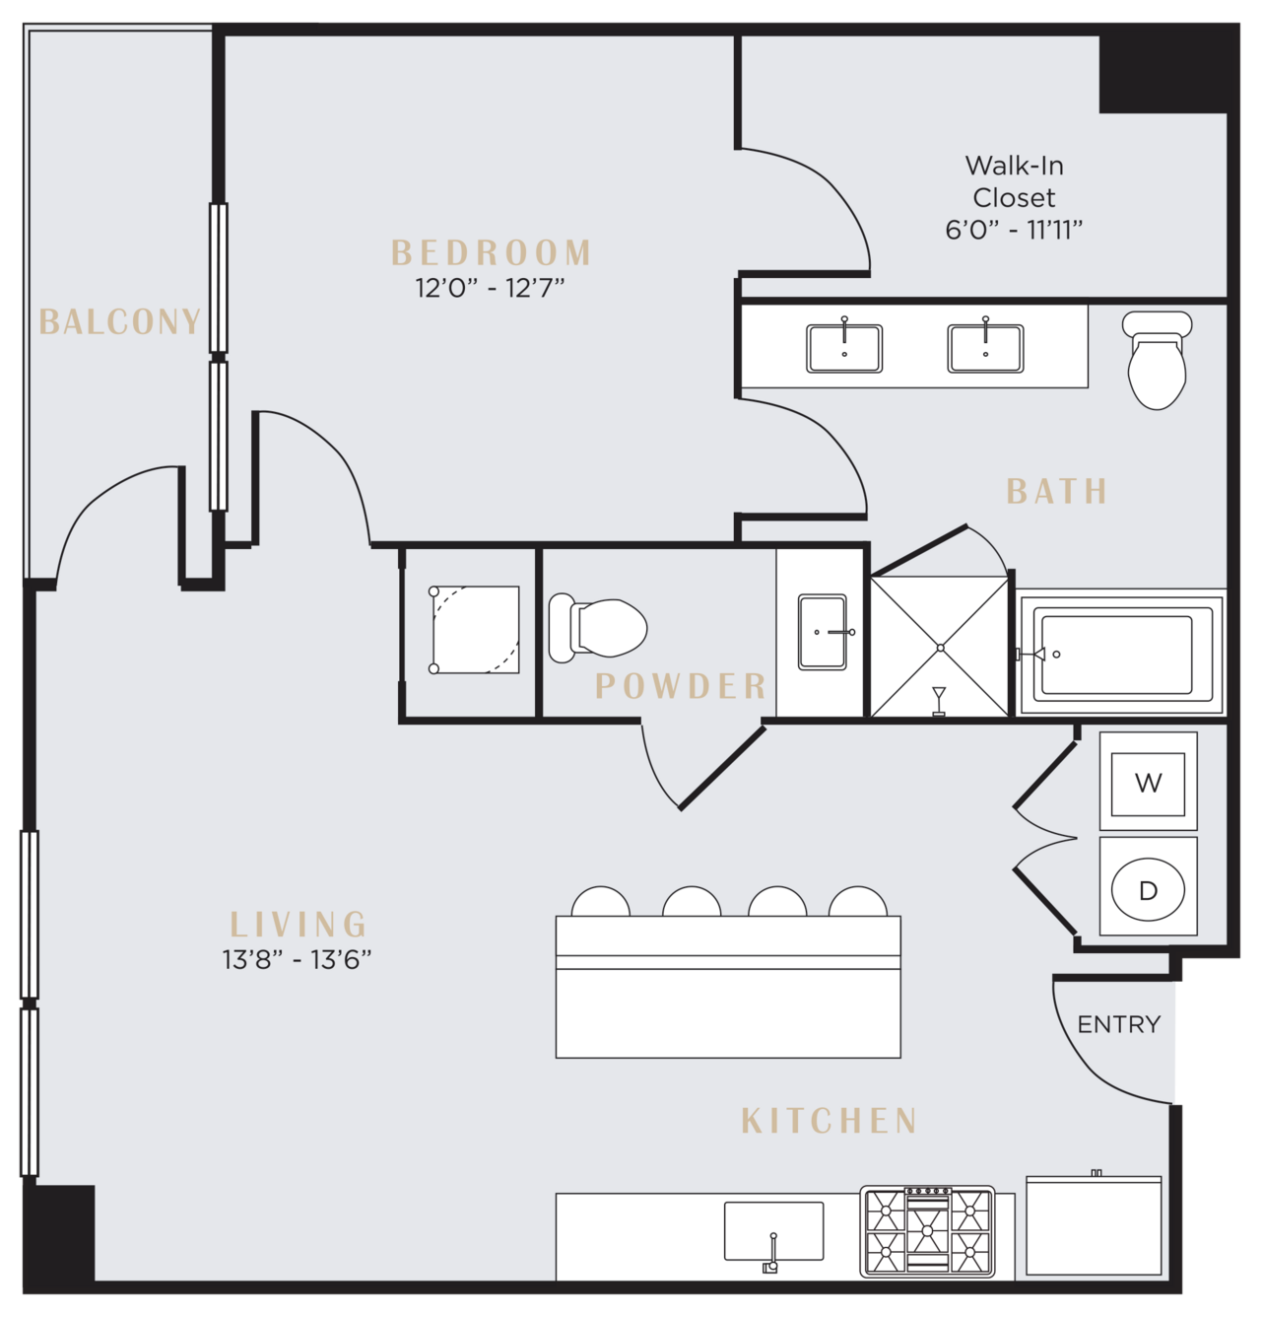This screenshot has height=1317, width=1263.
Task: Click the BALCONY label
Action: (120, 321)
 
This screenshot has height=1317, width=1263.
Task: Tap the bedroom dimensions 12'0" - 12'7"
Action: (490, 288)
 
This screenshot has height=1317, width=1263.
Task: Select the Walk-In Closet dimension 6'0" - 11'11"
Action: (1014, 230)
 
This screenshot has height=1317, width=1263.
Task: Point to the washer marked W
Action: (1148, 781)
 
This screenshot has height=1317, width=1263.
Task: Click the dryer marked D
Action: (1148, 886)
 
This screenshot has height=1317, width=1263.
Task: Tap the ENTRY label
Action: (1119, 1024)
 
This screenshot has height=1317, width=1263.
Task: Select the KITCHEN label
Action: (830, 1121)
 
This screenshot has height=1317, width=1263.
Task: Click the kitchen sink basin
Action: (774, 1231)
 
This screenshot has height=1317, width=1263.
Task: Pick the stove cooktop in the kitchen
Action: (927, 1231)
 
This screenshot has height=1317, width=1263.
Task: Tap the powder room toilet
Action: (597, 628)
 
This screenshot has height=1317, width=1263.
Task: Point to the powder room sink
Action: (822, 632)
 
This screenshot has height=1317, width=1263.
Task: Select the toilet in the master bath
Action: (1157, 360)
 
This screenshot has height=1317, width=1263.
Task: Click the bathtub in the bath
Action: (1121, 654)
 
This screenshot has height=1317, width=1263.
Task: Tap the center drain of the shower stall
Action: (940, 648)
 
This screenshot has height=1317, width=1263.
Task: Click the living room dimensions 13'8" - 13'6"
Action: (297, 960)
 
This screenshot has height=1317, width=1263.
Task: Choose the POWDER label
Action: (681, 685)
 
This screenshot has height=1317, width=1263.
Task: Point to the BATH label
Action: (1057, 491)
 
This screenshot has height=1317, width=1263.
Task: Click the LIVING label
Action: (299, 924)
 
